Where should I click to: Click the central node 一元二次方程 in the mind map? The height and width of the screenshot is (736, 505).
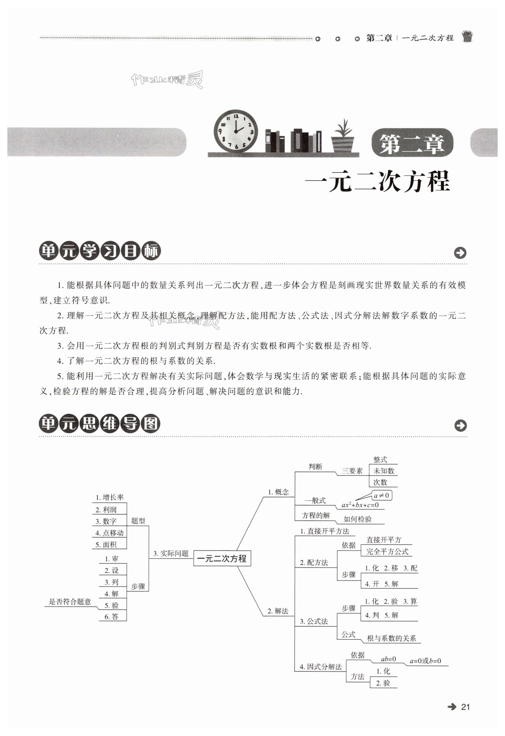tap(222, 558)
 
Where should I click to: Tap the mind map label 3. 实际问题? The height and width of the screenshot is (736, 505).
tap(171, 553)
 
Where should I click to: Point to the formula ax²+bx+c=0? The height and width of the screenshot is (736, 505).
tap(360, 505)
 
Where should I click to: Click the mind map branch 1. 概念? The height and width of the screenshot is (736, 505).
tap(278, 492)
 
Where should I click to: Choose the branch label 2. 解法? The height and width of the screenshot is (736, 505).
tap(278, 611)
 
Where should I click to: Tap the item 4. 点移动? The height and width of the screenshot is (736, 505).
tap(110, 533)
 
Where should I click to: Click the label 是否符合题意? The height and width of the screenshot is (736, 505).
tap(70, 601)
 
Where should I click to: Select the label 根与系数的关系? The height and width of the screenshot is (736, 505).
tap(391, 638)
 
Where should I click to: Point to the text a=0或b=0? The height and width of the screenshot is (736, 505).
tap(425, 661)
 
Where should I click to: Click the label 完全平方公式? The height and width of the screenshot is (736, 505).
tap(387, 551)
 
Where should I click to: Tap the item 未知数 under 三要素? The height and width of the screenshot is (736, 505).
tap(384, 471)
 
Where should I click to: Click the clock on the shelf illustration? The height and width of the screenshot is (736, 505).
tap(235, 131)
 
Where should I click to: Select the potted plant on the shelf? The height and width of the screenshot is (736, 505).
tap(343, 137)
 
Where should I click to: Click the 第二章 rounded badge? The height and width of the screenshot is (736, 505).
tap(412, 143)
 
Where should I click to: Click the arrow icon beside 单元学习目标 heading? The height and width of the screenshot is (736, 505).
tap(460, 252)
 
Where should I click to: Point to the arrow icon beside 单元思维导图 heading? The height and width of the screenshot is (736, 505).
tap(460, 425)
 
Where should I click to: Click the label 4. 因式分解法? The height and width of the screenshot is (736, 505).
tap(321, 667)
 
